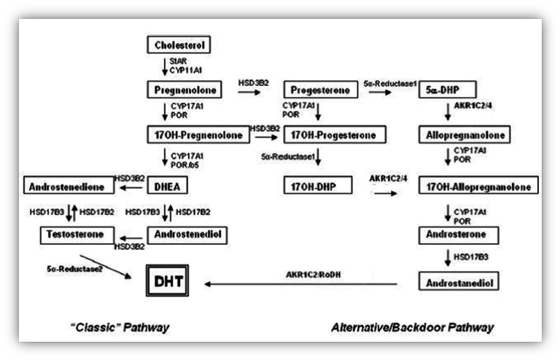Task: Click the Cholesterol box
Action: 179,44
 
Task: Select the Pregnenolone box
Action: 184,90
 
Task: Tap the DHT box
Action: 167,281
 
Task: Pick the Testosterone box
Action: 77,235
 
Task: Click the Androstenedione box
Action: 69,185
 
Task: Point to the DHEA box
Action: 167,185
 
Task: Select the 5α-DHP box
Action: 448,90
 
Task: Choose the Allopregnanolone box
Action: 464,135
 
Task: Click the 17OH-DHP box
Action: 318,185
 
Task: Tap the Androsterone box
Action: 459,235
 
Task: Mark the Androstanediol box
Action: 459,281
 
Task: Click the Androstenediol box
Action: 187,235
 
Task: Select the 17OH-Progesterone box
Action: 335,135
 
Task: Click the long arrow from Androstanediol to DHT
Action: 300,284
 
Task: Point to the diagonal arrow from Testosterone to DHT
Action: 105,267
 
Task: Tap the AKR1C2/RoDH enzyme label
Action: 314,275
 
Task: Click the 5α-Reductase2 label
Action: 74,269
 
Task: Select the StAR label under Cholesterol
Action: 178,61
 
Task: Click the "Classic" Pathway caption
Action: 120,327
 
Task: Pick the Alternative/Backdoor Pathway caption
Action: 413,327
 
